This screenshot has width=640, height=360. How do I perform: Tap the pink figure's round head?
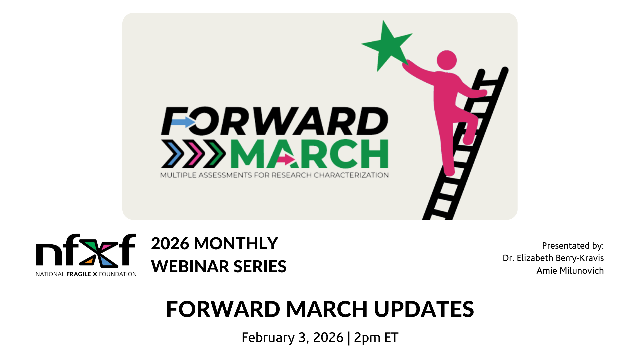tap(447, 60)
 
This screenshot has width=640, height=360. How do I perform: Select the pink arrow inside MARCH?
tap(286, 159)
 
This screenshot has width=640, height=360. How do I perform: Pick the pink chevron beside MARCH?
tap(193, 154)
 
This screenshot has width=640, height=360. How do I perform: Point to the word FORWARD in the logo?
tap(275, 121)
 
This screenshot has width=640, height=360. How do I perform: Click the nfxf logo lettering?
tap(86, 250)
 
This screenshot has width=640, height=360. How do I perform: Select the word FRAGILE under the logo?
tap(79, 274)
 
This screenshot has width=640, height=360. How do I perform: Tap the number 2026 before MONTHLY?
tap(170, 244)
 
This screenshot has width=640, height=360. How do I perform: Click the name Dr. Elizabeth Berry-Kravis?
tap(553, 258)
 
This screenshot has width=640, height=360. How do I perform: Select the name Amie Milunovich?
tap(570, 271)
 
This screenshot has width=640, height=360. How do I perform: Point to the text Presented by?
tap(573, 246)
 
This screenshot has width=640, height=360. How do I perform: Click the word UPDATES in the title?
tap(424, 309)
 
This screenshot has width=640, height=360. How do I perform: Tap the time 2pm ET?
tap(376, 338)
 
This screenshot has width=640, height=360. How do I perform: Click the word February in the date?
tap(268, 338)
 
